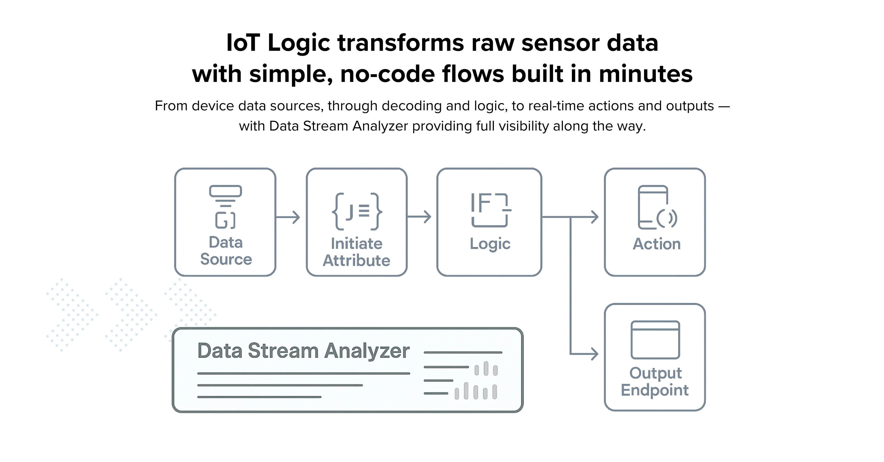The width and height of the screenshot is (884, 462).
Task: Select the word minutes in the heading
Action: [x=646, y=74]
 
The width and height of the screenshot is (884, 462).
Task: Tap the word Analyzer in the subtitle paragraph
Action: [x=380, y=126]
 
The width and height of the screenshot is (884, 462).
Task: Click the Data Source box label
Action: [x=226, y=251]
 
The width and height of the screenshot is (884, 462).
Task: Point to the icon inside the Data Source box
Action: [x=225, y=207]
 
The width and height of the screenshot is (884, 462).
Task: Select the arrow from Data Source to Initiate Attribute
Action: [x=288, y=217]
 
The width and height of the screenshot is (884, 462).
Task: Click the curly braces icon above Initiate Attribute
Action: [x=357, y=211]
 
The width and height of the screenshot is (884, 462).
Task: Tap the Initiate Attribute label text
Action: [x=357, y=252]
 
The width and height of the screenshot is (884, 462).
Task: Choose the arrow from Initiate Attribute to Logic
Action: [x=419, y=217]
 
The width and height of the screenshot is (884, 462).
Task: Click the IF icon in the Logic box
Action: [x=490, y=209]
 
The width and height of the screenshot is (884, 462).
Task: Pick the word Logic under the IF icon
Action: [x=490, y=244]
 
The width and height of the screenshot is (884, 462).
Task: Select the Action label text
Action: [x=656, y=244]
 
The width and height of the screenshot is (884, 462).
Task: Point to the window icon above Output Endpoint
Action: [x=655, y=340]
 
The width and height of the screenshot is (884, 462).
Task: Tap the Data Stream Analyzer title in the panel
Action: [x=303, y=351]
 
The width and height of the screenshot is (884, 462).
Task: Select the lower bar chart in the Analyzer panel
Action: [x=476, y=391]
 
